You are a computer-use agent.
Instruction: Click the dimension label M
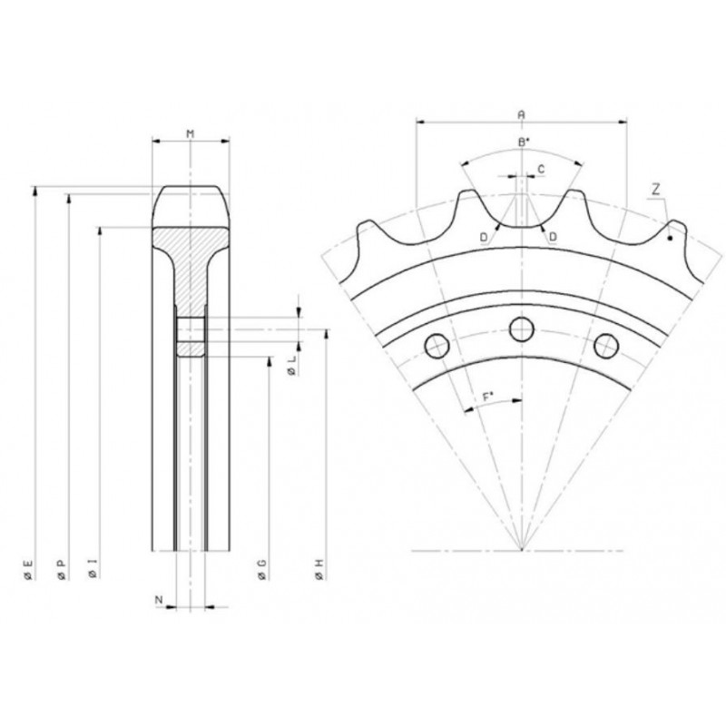(190, 133)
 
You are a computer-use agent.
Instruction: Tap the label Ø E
(28, 569)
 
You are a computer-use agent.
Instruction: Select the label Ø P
(61, 569)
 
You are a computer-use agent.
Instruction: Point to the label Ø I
(93, 568)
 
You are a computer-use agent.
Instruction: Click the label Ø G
(262, 569)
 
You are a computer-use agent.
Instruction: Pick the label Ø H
(319, 569)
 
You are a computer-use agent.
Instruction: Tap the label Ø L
(291, 366)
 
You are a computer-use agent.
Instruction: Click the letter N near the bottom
(159, 600)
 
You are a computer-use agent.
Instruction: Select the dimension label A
(521, 114)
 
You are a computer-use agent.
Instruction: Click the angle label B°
(524, 142)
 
